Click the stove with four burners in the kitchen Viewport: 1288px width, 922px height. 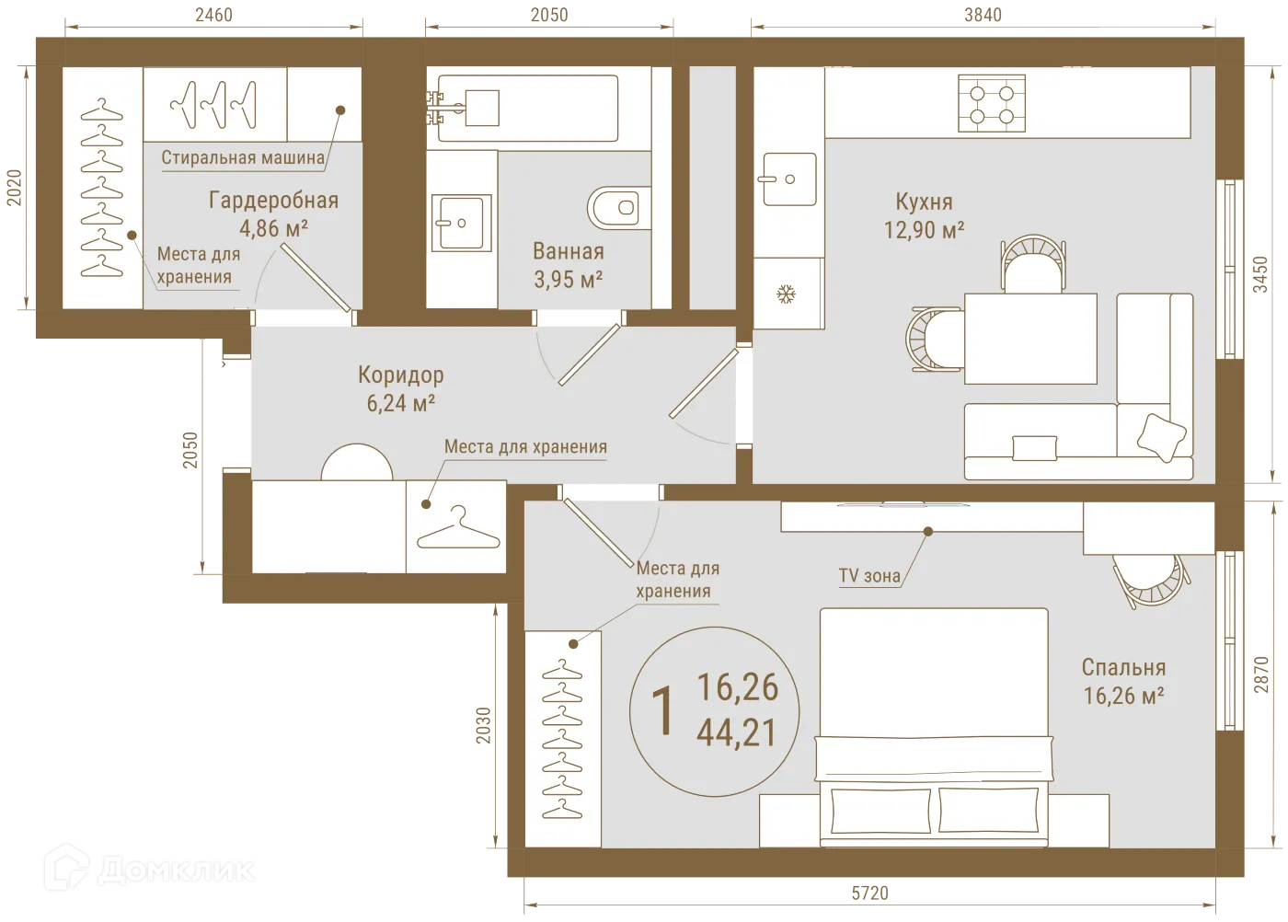[x=992, y=104]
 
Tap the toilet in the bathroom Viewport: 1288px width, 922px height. [x=619, y=208]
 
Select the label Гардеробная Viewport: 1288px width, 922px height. [x=273, y=201]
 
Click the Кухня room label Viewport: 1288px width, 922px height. [x=924, y=202]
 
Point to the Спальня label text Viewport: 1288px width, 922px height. [x=1123, y=668]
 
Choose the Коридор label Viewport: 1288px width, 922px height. [x=400, y=375]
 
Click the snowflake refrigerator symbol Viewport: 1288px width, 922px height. [x=787, y=295]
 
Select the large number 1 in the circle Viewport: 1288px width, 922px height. [x=661, y=710]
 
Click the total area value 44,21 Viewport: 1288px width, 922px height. [x=737, y=733]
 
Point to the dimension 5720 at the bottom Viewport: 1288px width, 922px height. [x=869, y=893]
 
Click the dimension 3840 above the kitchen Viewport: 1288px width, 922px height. [x=983, y=15]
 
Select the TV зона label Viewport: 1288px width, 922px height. [x=868, y=576]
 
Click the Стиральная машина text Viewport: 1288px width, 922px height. [x=243, y=157]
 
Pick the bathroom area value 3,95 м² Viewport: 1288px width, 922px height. [x=569, y=279]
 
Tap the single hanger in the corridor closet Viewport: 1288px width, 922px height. [x=457, y=527]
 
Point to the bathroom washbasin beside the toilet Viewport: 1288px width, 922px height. [x=463, y=222]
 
